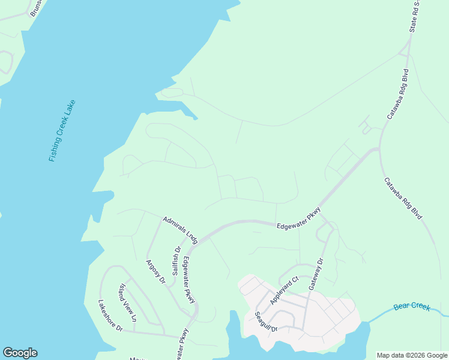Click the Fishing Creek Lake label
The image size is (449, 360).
[62, 130]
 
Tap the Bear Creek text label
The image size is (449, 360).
[412, 307]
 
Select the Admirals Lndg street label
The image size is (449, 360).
[180, 229]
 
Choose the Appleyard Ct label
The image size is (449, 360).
[284, 290]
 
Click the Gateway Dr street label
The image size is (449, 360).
[316, 275]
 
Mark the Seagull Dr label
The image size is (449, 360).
[265, 322]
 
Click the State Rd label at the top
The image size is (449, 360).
[414, 16]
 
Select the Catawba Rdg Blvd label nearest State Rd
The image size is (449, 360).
[397, 97]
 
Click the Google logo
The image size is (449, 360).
[20, 353]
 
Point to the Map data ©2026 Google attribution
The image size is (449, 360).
[412, 355]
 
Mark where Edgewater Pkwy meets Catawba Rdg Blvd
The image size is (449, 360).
[377, 149]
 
